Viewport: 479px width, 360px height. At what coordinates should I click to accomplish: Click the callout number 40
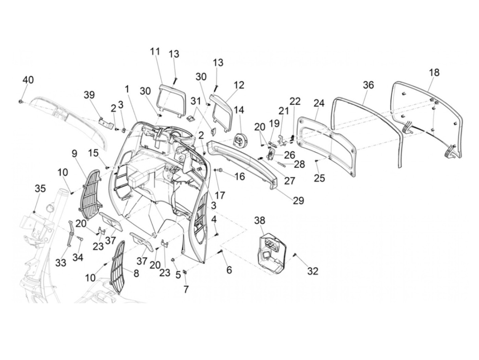point(28,80)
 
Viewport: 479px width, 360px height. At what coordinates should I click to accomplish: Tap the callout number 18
point(434,73)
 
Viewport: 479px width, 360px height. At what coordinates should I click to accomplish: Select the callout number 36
point(368,85)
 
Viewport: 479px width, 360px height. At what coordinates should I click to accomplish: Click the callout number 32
point(313,271)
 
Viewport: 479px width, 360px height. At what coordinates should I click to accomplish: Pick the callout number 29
point(298,201)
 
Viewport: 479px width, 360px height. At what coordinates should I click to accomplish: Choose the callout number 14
point(239,110)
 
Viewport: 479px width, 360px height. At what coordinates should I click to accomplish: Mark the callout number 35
point(40,189)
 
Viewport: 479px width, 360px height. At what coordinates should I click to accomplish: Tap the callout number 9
point(75,154)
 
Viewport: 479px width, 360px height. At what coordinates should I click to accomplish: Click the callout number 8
point(136,273)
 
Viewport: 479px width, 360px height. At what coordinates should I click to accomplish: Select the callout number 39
point(89,95)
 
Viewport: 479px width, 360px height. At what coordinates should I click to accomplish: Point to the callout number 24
point(319,103)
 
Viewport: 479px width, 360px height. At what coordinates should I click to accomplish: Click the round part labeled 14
point(238,140)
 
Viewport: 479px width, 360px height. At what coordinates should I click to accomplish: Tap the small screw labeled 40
point(21,102)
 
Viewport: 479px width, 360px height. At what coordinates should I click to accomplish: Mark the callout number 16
point(239,177)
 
